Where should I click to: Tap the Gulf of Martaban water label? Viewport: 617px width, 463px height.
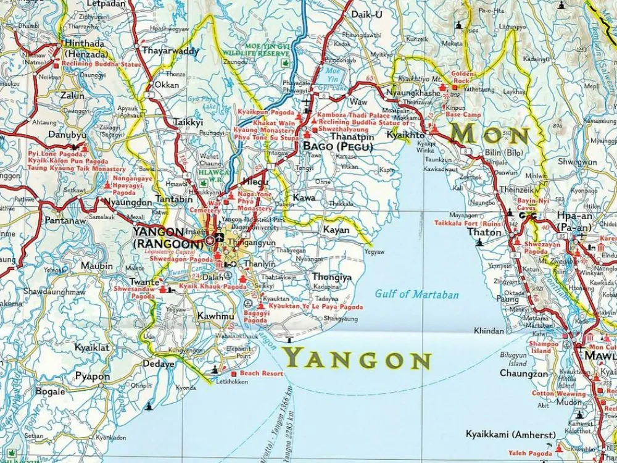[416, 294]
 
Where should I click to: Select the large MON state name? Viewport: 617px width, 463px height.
[491, 134]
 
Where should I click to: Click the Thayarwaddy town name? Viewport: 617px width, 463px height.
[170, 51]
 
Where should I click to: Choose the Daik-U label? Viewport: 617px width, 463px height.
[366, 14]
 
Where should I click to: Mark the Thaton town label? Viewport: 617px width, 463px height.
[484, 233]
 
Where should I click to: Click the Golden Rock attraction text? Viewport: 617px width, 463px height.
[463, 77]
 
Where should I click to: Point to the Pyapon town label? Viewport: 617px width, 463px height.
[93, 377]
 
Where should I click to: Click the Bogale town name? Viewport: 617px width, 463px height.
[50, 391]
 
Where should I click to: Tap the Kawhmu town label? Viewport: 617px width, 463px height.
[215, 317]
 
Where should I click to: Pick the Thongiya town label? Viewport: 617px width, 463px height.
[332, 277]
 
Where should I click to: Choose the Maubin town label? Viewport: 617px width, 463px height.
[97, 266]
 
